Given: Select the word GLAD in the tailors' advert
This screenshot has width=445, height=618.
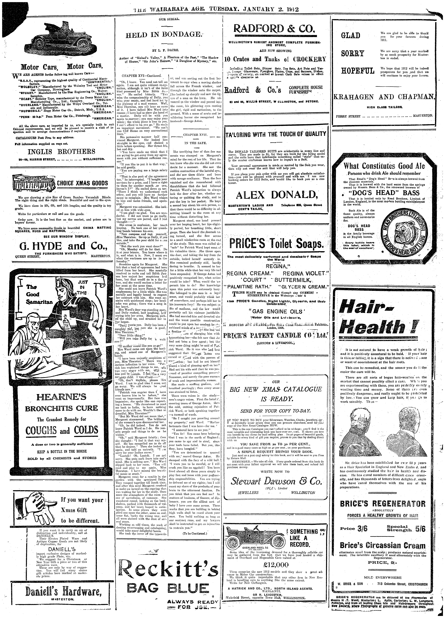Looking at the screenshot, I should point(351,35).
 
